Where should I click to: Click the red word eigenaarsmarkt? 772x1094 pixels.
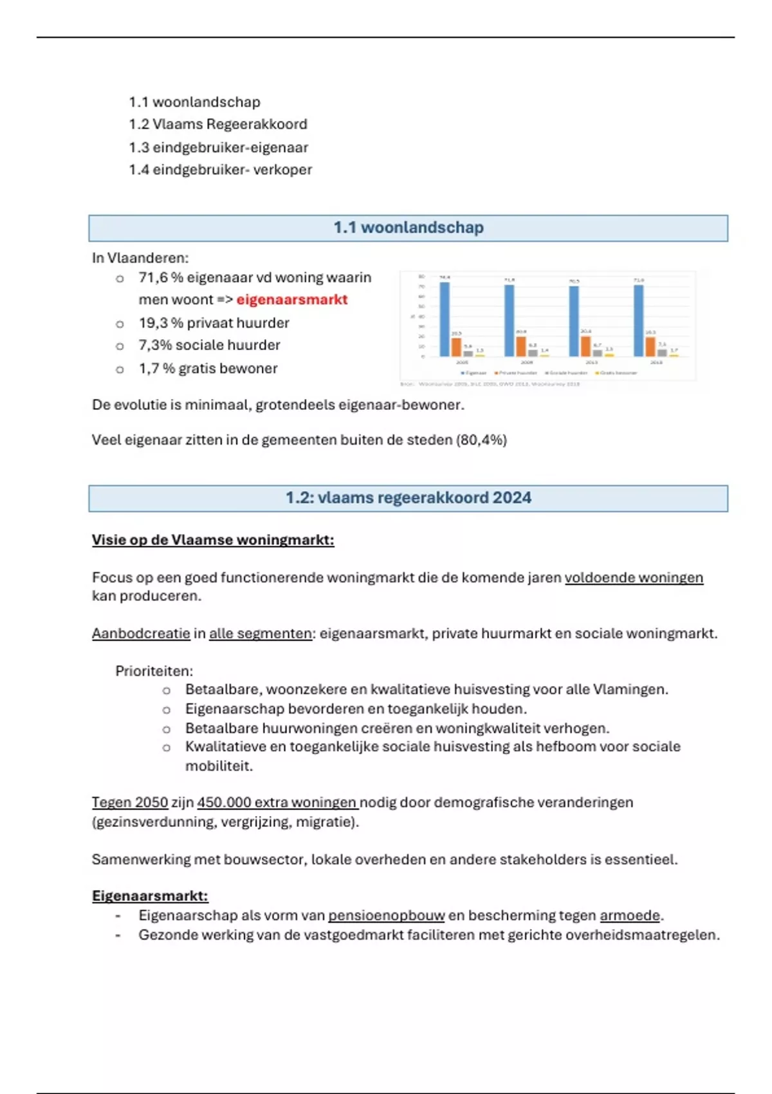(x=292, y=300)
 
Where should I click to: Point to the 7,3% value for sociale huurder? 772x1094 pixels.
(x=155, y=346)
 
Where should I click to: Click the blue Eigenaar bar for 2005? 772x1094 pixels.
(x=444, y=319)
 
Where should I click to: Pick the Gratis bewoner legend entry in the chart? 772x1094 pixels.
(x=618, y=373)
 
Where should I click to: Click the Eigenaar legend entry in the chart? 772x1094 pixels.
(x=475, y=373)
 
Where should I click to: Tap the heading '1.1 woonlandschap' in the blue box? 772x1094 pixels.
(x=409, y=228)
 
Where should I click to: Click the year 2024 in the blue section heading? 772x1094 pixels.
(x=512, y=498)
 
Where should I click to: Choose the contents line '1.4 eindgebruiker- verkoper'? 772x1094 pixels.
(x=220, y=170)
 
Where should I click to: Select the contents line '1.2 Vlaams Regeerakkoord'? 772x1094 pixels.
(x=218, y=124)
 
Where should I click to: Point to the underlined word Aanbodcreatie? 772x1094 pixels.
(x=141, y=634)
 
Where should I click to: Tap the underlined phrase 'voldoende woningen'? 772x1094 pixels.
(x=634, y=578)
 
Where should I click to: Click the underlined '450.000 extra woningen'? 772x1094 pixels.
(x=277, y=802)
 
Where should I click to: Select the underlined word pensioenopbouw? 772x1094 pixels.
(x=386, y=916)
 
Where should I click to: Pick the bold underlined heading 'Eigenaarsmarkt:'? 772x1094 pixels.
(x=150, y=896)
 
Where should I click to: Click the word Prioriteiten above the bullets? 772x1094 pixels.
(x=154, y=671)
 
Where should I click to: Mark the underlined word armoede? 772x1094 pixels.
(x=630, y=916)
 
